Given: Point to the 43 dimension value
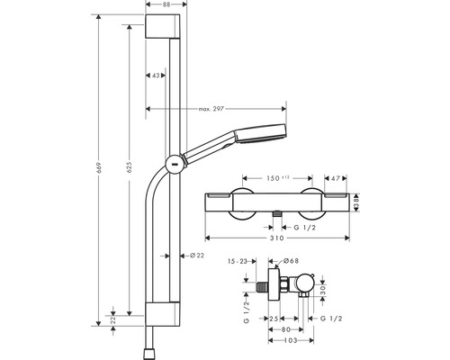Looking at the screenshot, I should (157, 75).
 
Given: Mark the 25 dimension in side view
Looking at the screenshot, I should (271, 318).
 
